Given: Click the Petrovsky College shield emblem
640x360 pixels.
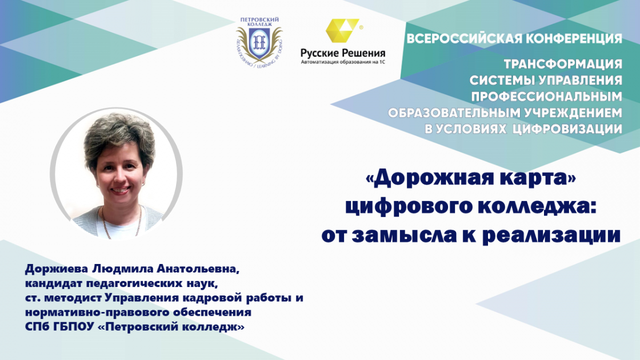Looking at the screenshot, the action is coord(259,43).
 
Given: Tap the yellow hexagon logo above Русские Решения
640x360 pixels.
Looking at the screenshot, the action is coord(342,30).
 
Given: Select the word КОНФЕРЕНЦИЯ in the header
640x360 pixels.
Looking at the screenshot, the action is coord(574,39).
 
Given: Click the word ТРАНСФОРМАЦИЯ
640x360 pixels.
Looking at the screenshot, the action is coord(563,65).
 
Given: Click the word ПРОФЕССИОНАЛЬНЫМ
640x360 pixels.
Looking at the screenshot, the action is coord(547,97).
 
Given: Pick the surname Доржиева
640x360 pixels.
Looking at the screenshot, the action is coord(57,269).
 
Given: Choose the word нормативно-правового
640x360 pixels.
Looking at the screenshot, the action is coord(97,313).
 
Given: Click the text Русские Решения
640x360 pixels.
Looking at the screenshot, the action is coord(343,53).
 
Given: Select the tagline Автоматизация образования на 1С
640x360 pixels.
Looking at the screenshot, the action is coord(343,62).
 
